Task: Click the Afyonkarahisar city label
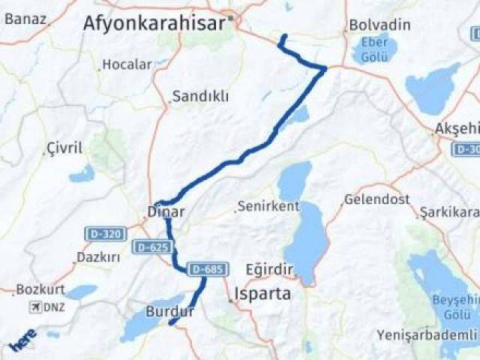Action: pyautogui.click(x=154, y=23)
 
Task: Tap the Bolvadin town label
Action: pyautogui.click(x=379, y=25)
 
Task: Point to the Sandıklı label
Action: pyautogui.click(x=200, y=96)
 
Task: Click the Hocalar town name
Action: pyautogui.click(x=127, y=64)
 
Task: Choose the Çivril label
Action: pyautogui.click(x=64, y=147)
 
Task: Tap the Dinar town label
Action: pyautogui.click(x=166, y=212)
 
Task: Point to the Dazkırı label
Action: pyautogui.click(x=97, y=257)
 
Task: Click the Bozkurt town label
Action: pyautogui.click(x=40, y=289)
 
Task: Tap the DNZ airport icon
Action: pyautogui.click(x=34, y=307)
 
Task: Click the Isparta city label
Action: pyautogui.click(x=262, y=293)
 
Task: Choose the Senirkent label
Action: pyautogui.click(x=268, y=205)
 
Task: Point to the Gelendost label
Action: pyautogui.click(x=376, y=199)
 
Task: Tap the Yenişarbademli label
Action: pyautogui.click(x=426, y=334)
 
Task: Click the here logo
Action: pyautogui.click(x=22, y=342)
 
